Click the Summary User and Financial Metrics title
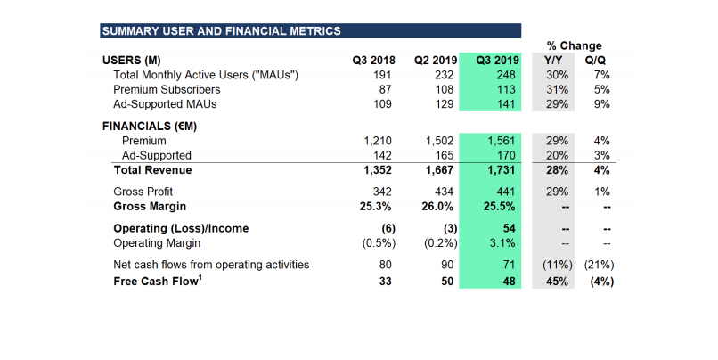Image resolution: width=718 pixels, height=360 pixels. pyautogui.click(x=221, y=31)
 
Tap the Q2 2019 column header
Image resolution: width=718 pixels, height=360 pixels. pyautogui.click(x=435, y=61)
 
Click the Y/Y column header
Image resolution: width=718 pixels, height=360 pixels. pyautogui.click(x=554, y=61)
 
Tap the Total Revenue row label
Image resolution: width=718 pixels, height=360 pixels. pyautogui.click(x=152, y=169)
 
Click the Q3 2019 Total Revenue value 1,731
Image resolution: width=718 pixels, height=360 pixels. pyautogui.click(x=502, y=169)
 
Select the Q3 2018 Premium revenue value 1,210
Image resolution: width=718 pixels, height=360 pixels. pyautogui.click(x=378, y=141)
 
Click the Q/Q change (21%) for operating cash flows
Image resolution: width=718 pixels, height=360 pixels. pyautogui.click(x=599, y=265)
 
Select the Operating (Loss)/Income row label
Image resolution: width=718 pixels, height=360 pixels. pyautogui.click(x=181, y=228)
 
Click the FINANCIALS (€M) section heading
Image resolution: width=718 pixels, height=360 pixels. pyautogui.click(x=150, y=126)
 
